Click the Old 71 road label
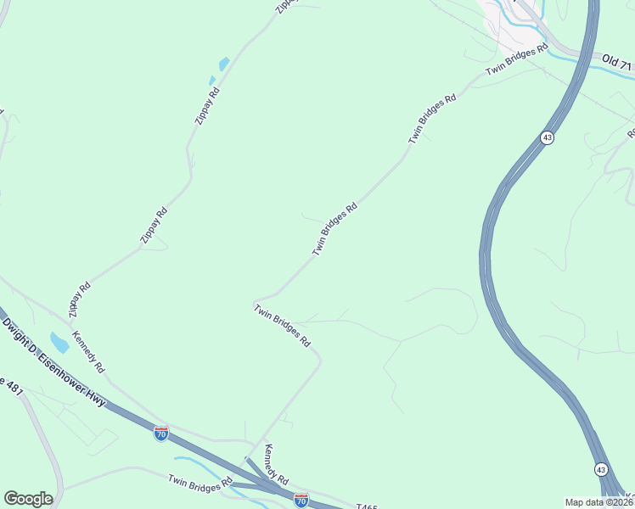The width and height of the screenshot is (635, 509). coord(617,63)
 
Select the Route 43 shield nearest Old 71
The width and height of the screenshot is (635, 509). coord(548,137)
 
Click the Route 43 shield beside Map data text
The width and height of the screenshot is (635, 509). coord(601,469)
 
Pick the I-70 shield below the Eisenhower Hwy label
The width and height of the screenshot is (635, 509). coord(161,433)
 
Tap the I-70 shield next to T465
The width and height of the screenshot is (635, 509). coord(301,500)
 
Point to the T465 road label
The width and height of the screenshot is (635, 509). coord(367,506)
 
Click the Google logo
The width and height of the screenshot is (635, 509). coord(28,499)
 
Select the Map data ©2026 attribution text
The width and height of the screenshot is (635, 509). coord(598,502)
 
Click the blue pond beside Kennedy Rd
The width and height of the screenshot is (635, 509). coord(59,343)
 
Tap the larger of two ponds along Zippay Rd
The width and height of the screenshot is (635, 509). coord(224,64)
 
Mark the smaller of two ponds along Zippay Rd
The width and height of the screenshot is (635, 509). coord(212,81)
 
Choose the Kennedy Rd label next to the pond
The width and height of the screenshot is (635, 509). coord(88,352)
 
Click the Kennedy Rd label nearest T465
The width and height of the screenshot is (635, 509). coord(277,463)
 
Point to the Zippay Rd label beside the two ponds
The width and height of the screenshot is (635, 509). coord(207,106)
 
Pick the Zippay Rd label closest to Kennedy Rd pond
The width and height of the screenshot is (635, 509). coord(79,297)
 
